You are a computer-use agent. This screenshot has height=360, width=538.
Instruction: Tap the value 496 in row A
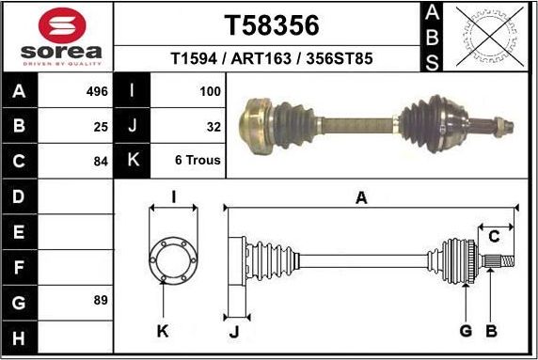point(97,92)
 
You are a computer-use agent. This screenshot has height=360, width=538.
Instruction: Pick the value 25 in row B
point(101,125)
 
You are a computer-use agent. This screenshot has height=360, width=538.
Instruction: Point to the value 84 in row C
point(101,160)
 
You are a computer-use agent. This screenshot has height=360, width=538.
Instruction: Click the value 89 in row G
point(101,301)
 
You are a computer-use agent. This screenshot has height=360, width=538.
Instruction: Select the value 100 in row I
point(210,92)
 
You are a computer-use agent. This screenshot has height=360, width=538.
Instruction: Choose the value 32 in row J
point(214,125)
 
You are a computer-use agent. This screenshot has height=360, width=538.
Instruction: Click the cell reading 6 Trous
point(198,160)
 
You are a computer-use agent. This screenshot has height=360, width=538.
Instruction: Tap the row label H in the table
point(20,337)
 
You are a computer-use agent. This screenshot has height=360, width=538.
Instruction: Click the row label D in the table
point(20,196)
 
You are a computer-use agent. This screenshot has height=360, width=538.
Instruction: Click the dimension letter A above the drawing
point(360,197)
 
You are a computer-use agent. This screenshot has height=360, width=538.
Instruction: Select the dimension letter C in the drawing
point(493,236)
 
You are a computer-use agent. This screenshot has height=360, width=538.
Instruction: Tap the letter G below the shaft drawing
point(465,330)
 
